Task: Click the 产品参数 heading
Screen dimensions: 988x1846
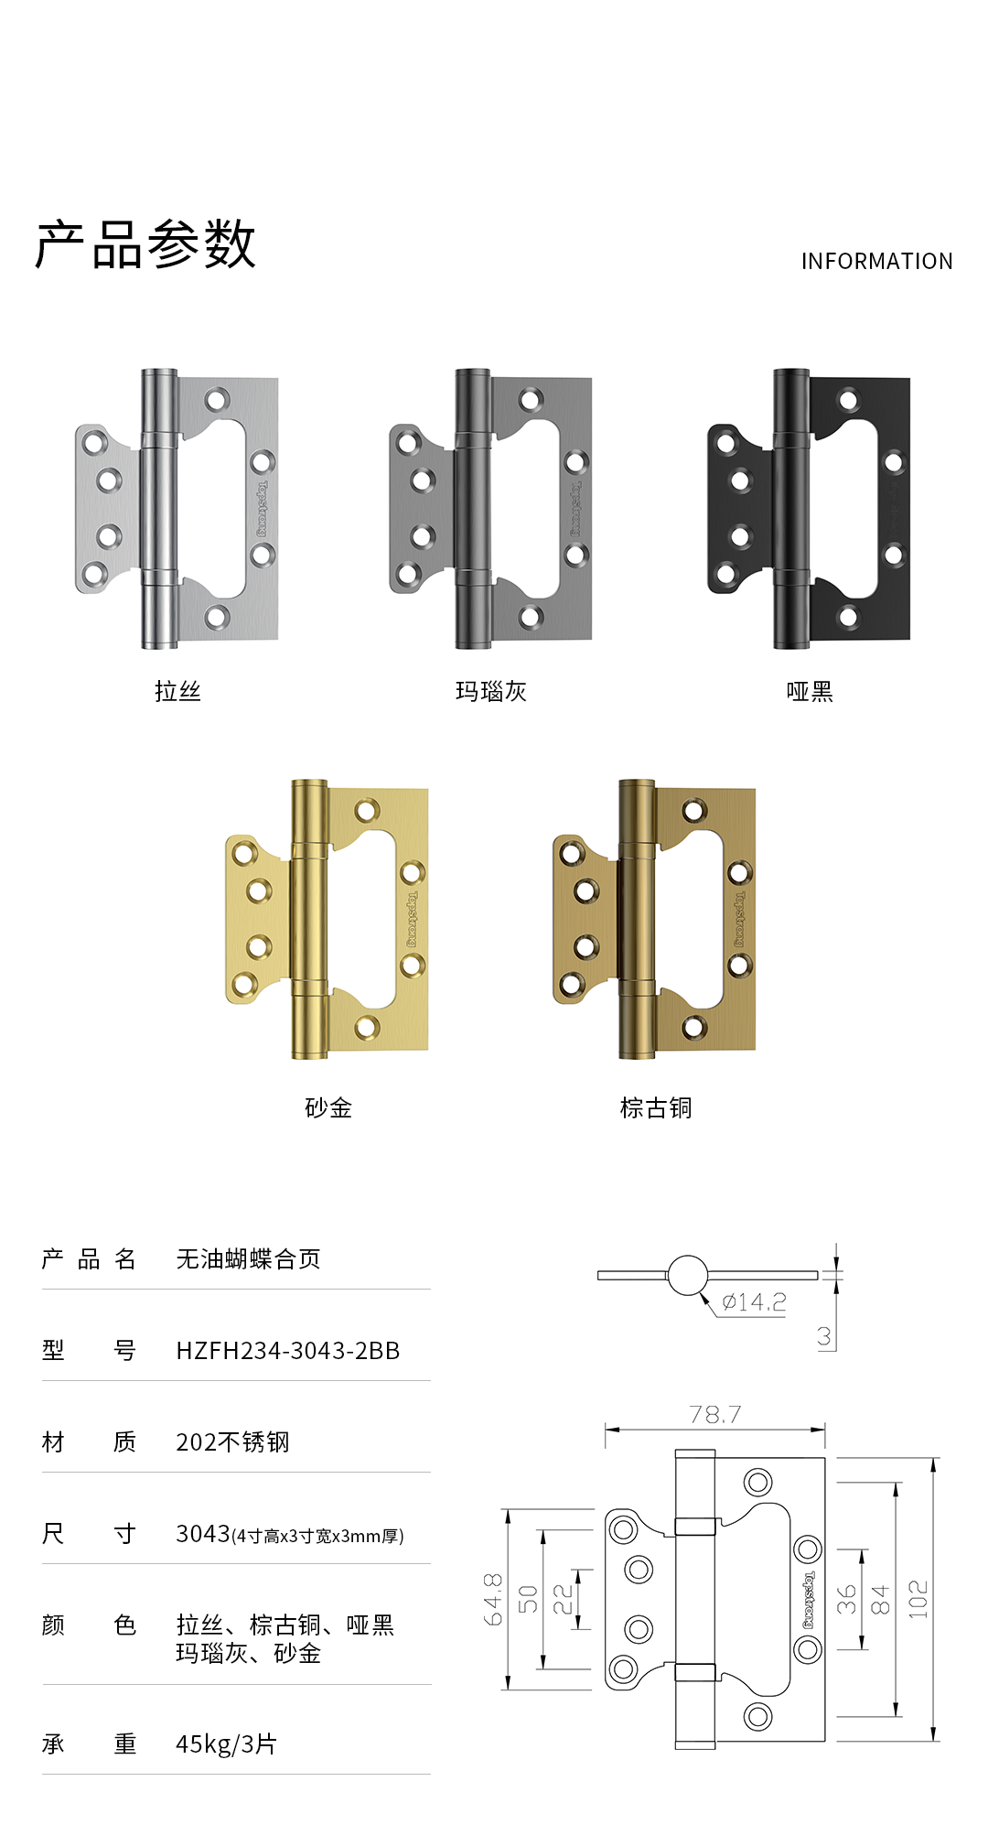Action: click(145, 244)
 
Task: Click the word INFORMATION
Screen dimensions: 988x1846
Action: click(876, 262)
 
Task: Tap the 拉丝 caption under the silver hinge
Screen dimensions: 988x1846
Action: click(177, 691)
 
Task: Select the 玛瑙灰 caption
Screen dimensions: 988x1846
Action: click(491, 691)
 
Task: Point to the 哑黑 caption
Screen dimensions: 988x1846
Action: click(810, 691)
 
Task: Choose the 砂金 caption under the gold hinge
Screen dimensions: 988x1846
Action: click(328, 1107)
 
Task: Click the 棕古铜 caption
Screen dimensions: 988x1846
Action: click(656, 1107)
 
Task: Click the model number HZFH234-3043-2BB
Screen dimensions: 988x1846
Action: click(288, 1351)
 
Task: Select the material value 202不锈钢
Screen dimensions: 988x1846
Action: click(232, 1442)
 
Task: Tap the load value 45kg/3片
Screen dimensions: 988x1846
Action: click(226, 1744)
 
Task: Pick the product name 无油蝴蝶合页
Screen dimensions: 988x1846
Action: click(248, 1259)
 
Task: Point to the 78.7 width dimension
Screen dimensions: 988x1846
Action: click(715, 1415)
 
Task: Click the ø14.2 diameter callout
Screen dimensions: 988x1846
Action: click(754, 1302)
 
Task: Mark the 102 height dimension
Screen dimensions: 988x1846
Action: click(918, 1599)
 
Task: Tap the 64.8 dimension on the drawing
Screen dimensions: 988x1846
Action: click(493, 1599)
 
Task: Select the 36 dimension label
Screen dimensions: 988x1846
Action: click(847, 1599)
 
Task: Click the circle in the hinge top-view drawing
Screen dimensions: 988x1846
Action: click(688, 1275)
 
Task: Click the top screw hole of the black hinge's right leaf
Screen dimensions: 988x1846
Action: click(848, 400)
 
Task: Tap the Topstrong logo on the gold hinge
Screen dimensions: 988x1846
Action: click(412, 919)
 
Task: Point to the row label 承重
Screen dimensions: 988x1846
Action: click(89, 1744)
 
